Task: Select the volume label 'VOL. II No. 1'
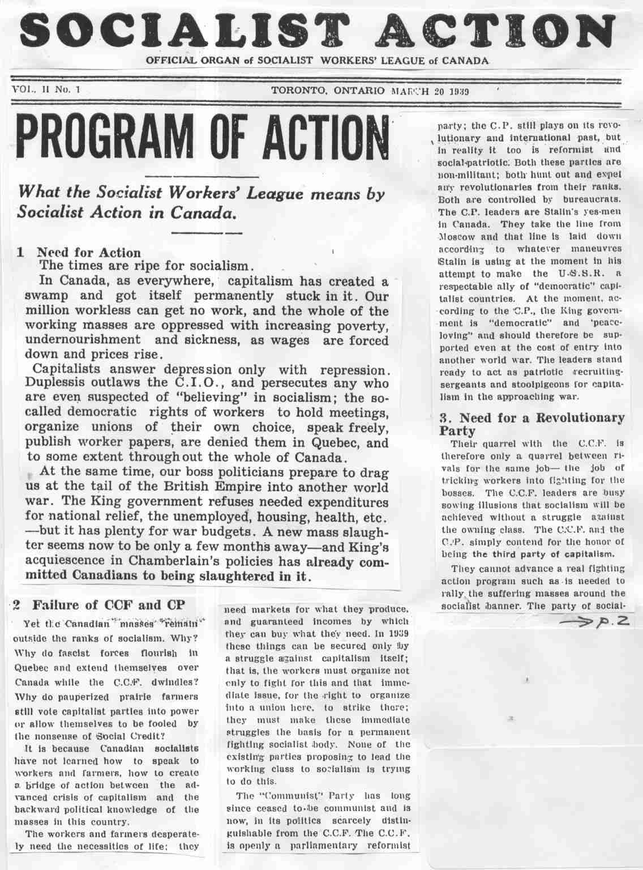point(46,89)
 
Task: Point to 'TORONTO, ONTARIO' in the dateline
point(328,91)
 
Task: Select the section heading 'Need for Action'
point(88,252)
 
